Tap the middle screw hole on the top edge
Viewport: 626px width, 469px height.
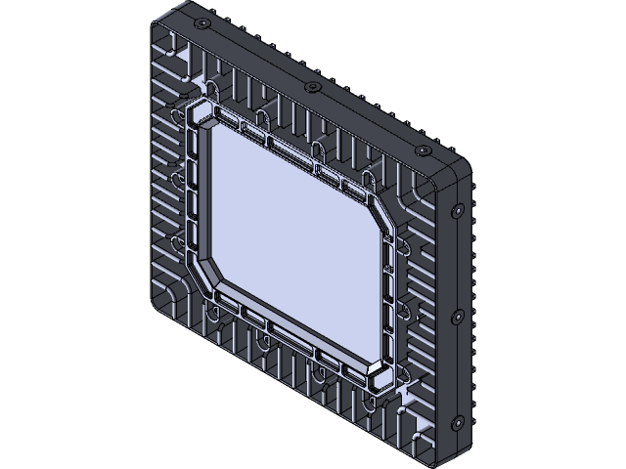pyautogui.click(x=312, y=88)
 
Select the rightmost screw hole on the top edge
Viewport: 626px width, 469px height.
pyautogui.click(x=423, y=152)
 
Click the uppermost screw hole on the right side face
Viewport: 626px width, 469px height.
pyautogui.click(x=456, y=211)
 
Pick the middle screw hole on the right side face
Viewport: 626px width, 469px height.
pyautogui.click(x=456, y=316)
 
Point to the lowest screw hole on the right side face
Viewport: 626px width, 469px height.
pyautogui.click(x=456, y=422)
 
